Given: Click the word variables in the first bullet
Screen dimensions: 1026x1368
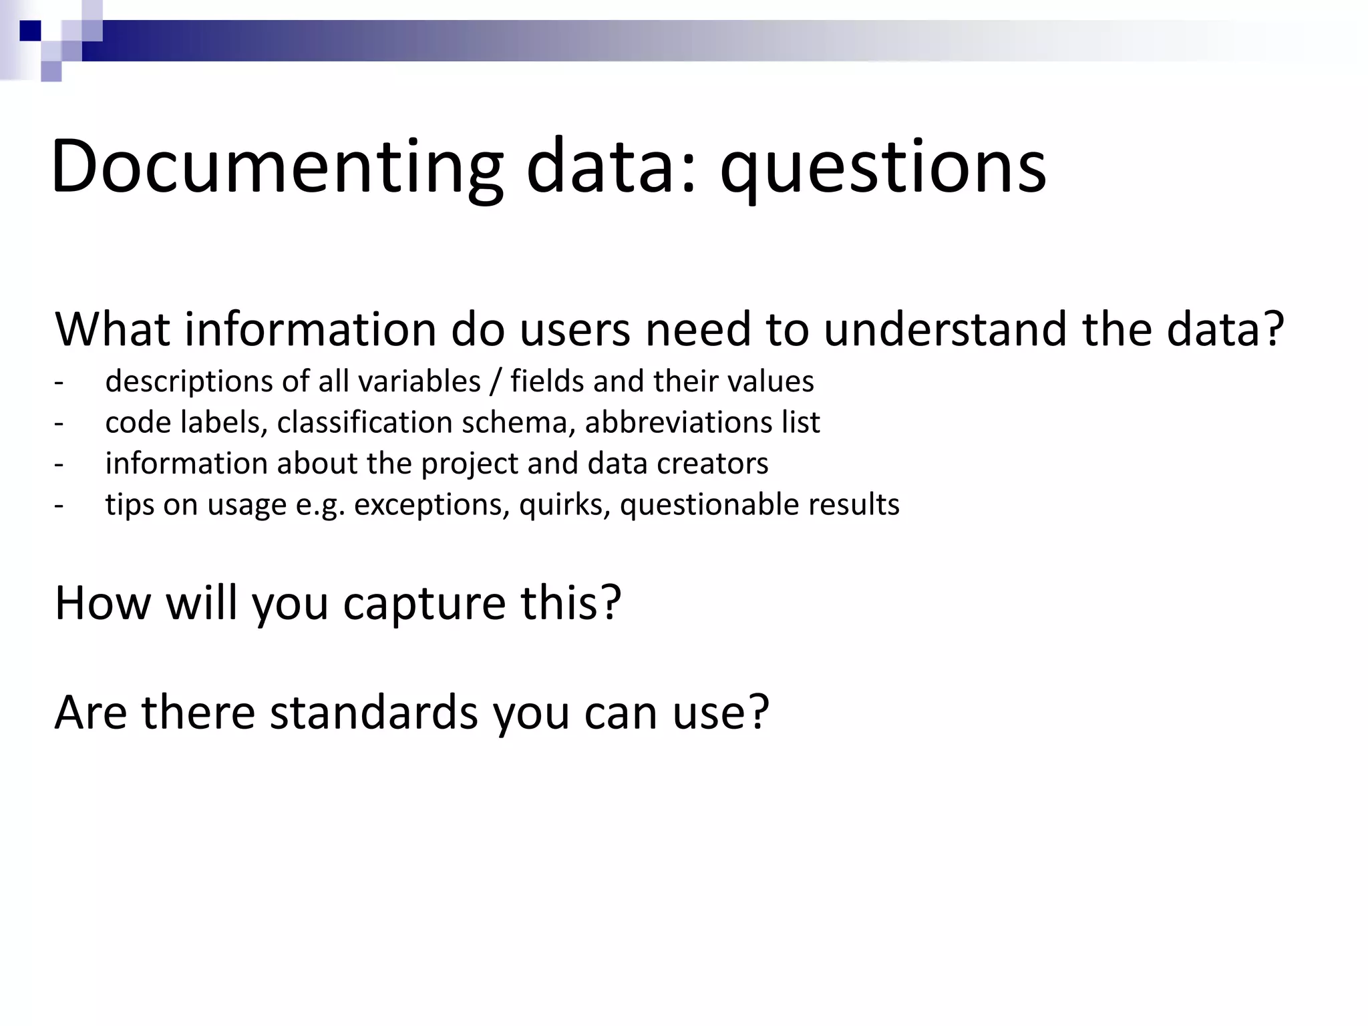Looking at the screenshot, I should click(x=419, y=382).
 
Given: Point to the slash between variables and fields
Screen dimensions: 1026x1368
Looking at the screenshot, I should click(x=495, y=382).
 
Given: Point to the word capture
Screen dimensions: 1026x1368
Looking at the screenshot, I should click(x=425, y=603).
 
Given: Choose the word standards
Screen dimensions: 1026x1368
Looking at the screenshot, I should click(x=373, y=712).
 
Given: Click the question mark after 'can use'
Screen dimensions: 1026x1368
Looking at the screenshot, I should click(x=759, y=712).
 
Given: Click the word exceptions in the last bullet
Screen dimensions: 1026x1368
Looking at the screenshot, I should click(x=432, y=505).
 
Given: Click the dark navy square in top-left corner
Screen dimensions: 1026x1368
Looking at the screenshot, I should click(x=30, y=31).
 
